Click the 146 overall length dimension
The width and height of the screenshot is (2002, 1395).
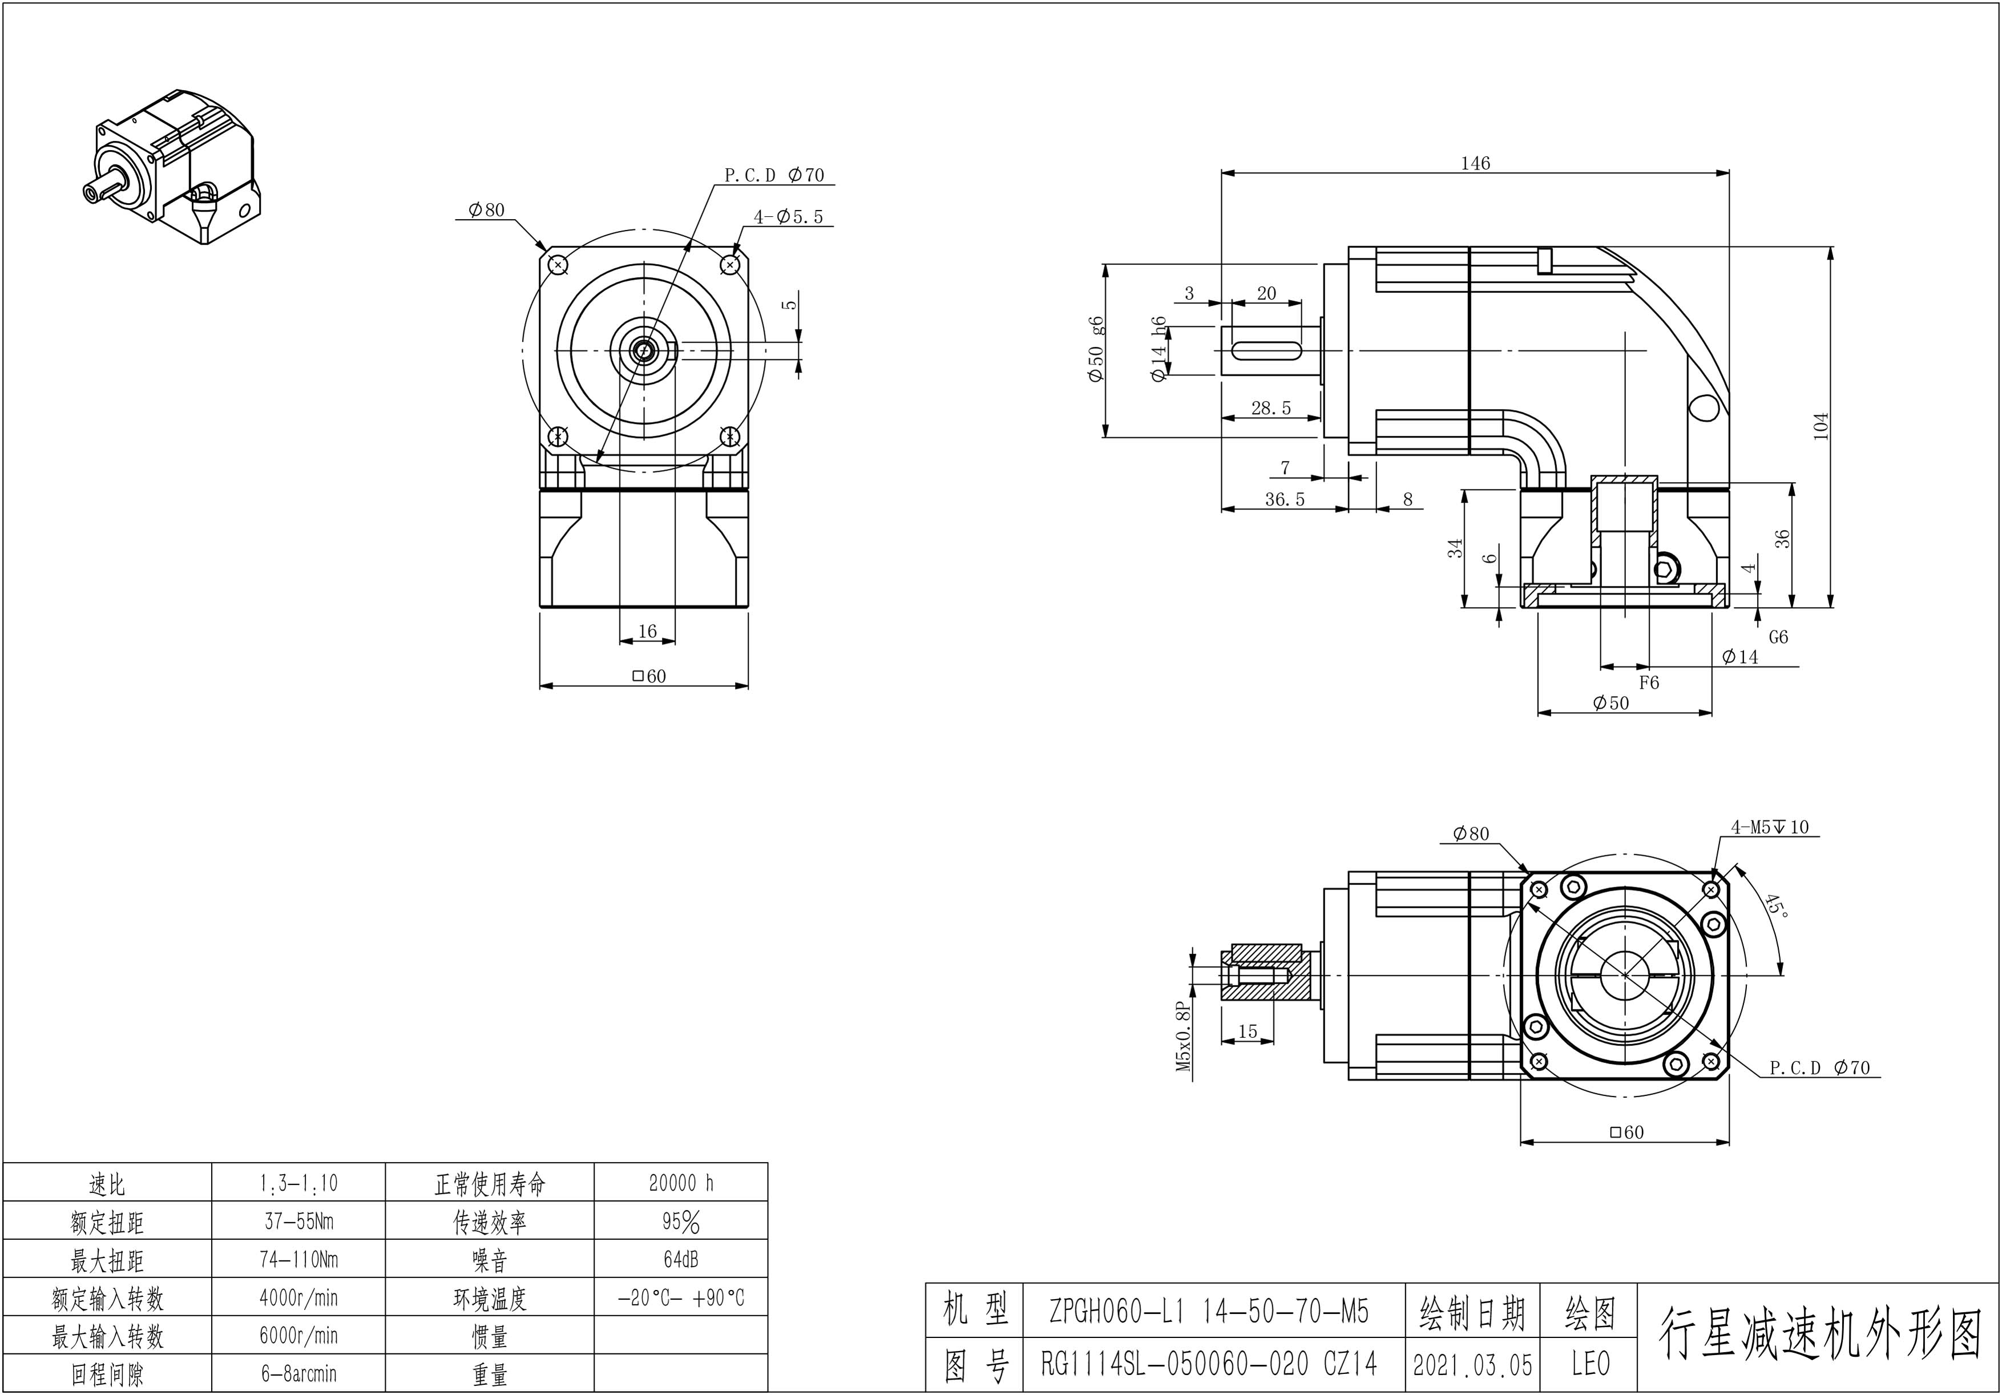click(1475, 163)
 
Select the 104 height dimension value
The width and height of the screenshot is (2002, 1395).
click(1821, 426)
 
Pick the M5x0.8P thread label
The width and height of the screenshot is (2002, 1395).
click(1183, 1036)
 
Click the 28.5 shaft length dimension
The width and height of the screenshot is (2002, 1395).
click(1270, 408)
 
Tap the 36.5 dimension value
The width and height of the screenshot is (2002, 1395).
click(1285, 500)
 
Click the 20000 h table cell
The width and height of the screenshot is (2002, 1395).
click(681, 1183)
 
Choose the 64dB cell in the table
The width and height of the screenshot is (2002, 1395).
click(681, 1260)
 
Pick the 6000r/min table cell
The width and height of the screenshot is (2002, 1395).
click(298, 1336)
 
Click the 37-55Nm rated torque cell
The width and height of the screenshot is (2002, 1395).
click(298, 1222)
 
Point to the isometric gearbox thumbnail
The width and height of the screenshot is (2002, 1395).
click(175, 165)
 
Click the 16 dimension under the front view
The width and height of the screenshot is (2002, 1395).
click(647, 631)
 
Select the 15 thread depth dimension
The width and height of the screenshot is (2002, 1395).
click(1248, 1032)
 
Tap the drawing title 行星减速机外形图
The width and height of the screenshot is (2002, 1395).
click(1819, 1334)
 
